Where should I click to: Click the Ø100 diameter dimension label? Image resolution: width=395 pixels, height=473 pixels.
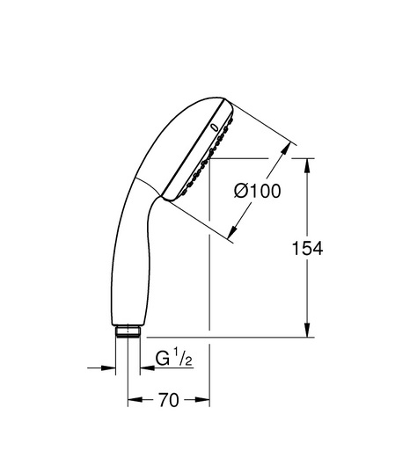pyautogui.click(x=258, y=191)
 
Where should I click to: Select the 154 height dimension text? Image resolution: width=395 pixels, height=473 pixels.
pyautogui.click(x=308, y=248)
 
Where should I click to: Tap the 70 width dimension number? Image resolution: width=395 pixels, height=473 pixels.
pyautogui.click(x=169, y=400)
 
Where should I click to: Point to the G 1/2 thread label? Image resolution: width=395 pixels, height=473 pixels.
pyautogui.click(x=174, y=359)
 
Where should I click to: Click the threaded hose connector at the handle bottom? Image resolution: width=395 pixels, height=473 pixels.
pyautogui.click(x=128, y=331)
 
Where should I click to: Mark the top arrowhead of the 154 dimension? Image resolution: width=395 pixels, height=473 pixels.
pyautogui.click(x=307, y=165)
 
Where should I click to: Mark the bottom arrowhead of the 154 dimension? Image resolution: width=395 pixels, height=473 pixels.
pyautogui.click(x=307, y=330)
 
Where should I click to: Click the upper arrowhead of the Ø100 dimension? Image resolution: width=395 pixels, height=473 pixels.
pyautogui.click(x=286, y=148)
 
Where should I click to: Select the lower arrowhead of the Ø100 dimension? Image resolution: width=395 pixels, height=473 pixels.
pyautogui.click(x=233, y=230)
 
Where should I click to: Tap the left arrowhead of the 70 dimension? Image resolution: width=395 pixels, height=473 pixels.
pyautogui.click(x=135, y=400)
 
